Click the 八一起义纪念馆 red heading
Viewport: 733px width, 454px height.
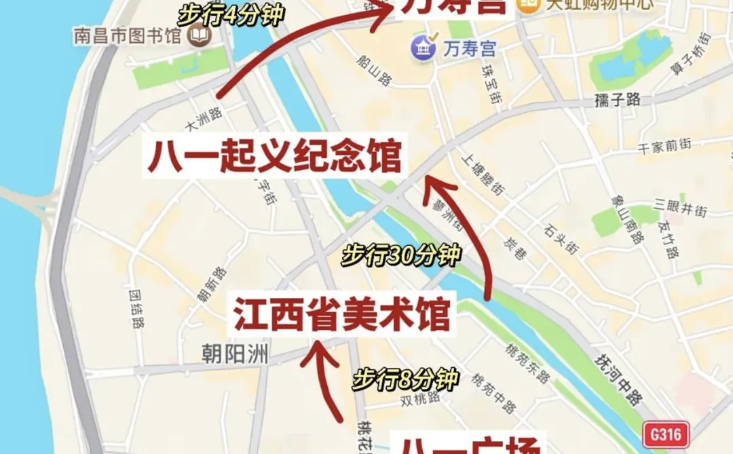coord(274,157)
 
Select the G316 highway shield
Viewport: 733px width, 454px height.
coord(666,433)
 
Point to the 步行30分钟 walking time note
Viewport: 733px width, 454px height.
coord(401,255)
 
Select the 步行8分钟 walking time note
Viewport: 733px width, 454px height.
coord(405,378)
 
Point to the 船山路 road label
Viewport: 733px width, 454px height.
coord(374,69)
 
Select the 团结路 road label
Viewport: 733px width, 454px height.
coord(136,309)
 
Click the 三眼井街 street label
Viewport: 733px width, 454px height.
coord(681,208)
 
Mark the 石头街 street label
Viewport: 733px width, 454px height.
coord(561,240)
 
